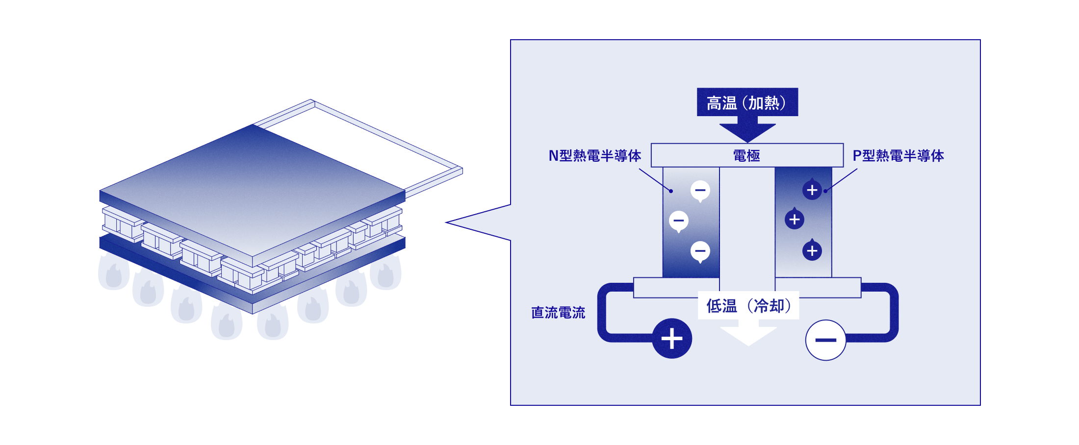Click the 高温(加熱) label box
tap(747, 102)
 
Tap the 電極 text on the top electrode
tap(746, 156)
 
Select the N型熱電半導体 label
tap(594, 156)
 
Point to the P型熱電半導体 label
tap(898, 156)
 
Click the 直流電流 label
tap(558, 313)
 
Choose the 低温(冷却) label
tap(748, 306)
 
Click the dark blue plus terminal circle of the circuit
tap(672, 339)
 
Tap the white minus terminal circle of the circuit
tap(826, 340)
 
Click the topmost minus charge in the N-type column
tap(700, 190)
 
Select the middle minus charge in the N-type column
tap(679, 221)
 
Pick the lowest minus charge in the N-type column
tap(700, 251)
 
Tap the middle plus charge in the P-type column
tap(795, 220)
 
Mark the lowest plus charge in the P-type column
tap(812, 251)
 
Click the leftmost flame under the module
tap(114, 272)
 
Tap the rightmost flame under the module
tap(385, 272)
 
